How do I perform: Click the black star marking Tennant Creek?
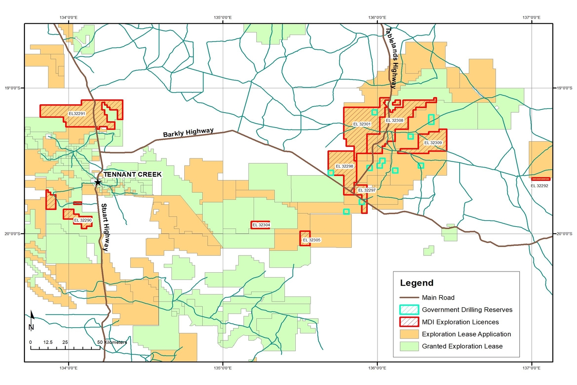[x=97, y=182]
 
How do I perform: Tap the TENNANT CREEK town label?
[x=133, y=174]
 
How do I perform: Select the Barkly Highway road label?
[x=188, y=133]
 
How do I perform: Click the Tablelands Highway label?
[x=391, y=58]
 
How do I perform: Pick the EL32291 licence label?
[x=77, y=113]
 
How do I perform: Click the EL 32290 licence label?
[x=83, y=220]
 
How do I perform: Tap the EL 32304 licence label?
[x=261, y=225]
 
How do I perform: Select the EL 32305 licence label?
[x=311, y=240]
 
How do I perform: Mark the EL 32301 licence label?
[x=362, y=124]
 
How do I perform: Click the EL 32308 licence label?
[x=394, y=120]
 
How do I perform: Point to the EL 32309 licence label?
[x=433, y=143]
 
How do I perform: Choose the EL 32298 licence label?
[x=344, y=166]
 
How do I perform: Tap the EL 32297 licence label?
[x=367, y=190]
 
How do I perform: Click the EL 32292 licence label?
[x=539, y=186]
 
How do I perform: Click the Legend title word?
[x=417, y=283]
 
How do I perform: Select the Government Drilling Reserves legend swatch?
[x=409, y=310]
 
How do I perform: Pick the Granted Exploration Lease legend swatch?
[x=409, y=346]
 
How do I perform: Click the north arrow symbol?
[x=32, y=321]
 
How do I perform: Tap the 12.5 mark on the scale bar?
[x=48, y=342]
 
